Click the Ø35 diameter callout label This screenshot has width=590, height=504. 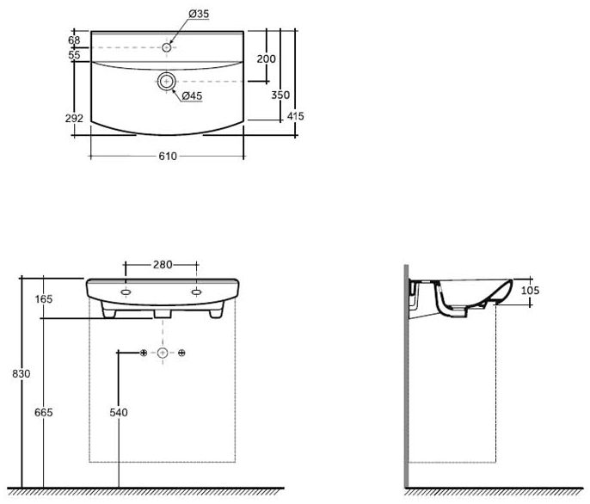point(199,14)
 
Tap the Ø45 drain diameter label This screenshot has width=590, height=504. point(192,96)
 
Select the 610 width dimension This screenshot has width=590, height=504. point(168,157)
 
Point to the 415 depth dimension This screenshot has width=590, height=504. point(295,116)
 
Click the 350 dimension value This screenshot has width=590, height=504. point(280,95)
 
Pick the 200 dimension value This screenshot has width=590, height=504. point(266,58)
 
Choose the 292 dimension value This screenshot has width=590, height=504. point(74,118)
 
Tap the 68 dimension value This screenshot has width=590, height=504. point(74,40)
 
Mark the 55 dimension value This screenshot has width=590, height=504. point(74,55)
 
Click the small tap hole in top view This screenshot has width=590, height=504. point(166,47)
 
